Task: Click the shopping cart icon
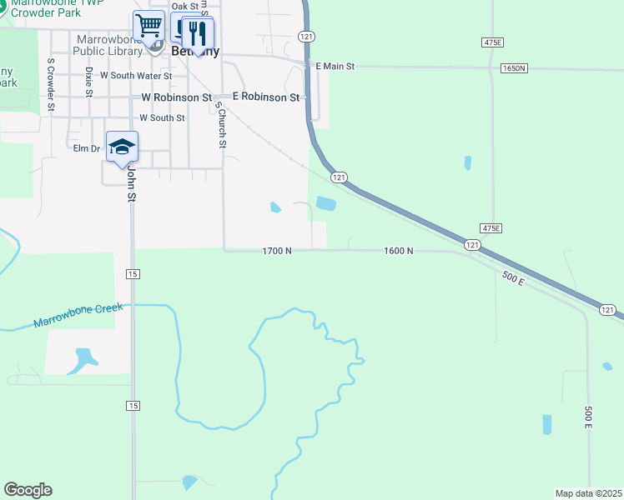click(x=148, y=25)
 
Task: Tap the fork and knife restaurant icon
click(x=197, y=32)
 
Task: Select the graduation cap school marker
click(x=122, y=147)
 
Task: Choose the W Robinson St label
click(x=176, y=97)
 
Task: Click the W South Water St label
click(x=135, y=76)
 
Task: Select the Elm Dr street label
click(x=87, y=148)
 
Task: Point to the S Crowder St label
click(x=51, y=84)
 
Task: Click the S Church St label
click(x=221, y=124)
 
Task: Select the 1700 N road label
click(x=277, y=250)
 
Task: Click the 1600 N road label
click(x=399, y=250)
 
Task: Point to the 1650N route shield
click(x=514, y=68)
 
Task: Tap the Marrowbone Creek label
click(x=78, y=315)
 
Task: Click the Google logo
click(x=28, y=490)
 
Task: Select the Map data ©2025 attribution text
click(x=589, y=493)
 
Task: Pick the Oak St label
click(x=185, y=7)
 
